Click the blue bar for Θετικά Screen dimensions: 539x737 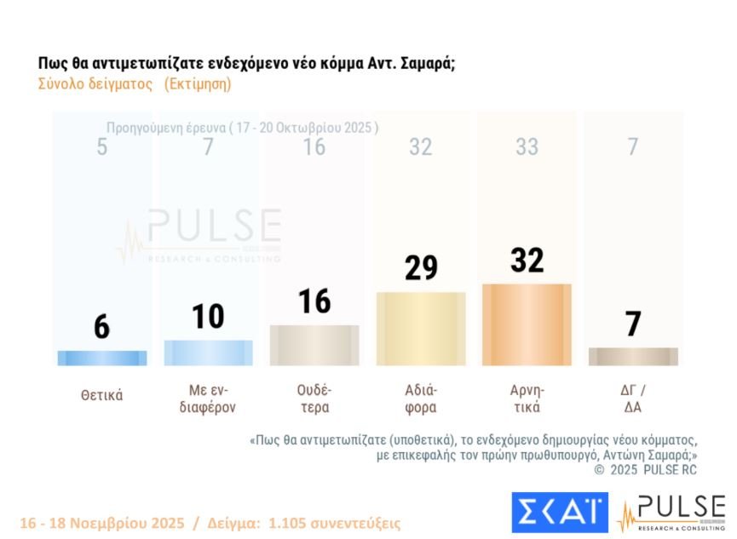pos(101,358)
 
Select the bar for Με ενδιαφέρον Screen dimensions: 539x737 pos(208,353)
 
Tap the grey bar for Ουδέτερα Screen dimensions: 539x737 pos(314,346)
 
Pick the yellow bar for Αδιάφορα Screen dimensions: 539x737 pos(421,329)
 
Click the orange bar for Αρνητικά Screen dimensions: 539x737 pos(527,324)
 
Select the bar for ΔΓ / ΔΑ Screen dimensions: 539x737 pos(633,357)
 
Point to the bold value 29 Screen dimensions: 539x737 pos(421,267)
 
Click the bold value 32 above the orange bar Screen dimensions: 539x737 pos(527,260)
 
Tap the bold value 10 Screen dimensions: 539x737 pos(208,316)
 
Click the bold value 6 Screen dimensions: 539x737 pos(101,327)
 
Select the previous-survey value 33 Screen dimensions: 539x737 pos(527,147)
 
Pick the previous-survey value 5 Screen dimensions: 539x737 pos(101,147)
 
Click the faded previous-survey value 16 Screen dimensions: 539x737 pos(314,147)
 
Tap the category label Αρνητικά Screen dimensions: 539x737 pos(527,399)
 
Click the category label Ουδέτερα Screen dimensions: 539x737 pos(314,399)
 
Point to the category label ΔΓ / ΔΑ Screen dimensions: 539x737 pos(633,399)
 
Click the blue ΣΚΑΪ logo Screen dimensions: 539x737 pos(560,512)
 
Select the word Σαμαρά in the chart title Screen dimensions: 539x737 pos(426,65)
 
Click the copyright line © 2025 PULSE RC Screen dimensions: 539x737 pos(645,469)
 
